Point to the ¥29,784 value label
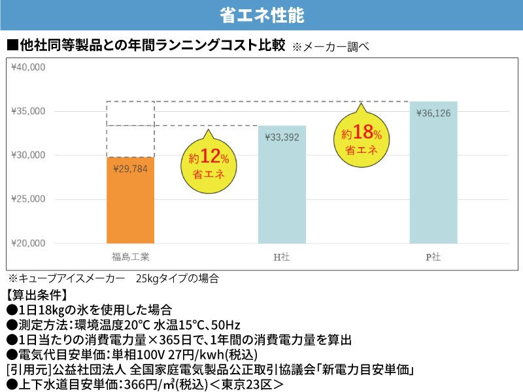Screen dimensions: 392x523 coord(131,169)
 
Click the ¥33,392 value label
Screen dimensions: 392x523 coord(282,137)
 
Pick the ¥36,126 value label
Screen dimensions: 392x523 coord(433,113)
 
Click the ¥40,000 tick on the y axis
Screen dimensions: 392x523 coord(28,67)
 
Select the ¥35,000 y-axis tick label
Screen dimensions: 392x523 coord(28,111)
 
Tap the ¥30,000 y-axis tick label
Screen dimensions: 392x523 coord(28,155)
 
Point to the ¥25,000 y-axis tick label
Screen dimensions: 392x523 coord(28,199)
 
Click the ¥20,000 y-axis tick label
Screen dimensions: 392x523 coord(28,243)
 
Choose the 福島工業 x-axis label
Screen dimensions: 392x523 coord(130,257)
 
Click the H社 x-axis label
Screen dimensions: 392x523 coord(282,257)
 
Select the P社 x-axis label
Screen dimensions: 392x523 coord(433,257)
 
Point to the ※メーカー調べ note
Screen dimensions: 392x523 coord(331,47)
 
